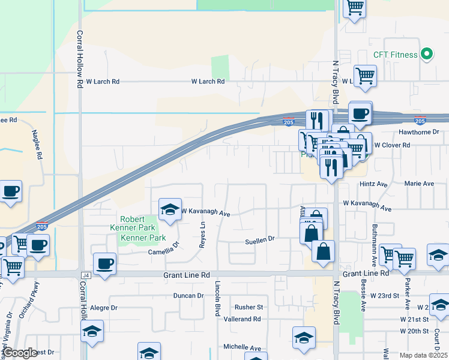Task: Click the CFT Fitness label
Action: click(395, 55)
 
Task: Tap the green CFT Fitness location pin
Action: click(427, 55)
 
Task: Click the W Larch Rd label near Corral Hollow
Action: click(103, 81)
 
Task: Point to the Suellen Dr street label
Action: click(259, 239)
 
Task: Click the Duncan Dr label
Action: click(188, 296)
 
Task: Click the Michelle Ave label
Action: click(242, 347)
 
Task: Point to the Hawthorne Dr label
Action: click(419, 132)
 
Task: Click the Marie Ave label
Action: click(419, 184)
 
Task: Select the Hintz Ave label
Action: click(375, 184)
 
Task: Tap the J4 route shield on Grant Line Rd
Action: click(84, 275)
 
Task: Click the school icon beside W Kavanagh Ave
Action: click(170, 209)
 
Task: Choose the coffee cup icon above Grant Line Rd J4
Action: click(104, 263)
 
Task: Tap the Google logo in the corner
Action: click(20, 353)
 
